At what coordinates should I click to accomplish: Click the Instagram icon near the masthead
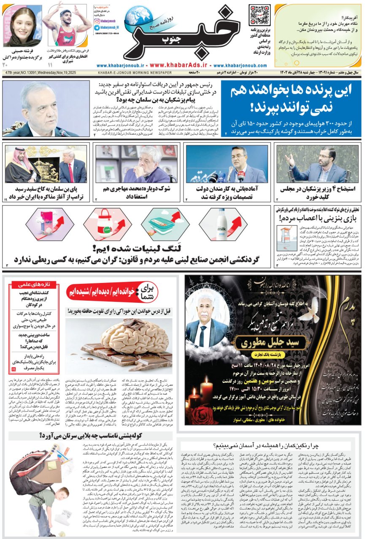click(97, 20)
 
